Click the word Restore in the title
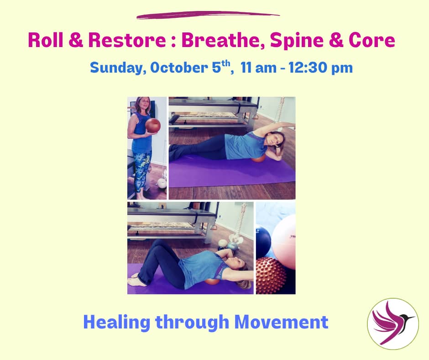click(x=127, y=40)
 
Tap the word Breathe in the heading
click(x=223, y=41)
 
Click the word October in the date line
click(x=179, y=68)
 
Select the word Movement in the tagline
click(x=282, y=322)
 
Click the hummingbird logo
click(x=393, y=324)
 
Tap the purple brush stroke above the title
click(x=208, y=15)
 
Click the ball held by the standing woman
click(x=153, y=125)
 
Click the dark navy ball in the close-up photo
click(x=263, y=241)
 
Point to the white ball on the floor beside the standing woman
click(x=162, y=183)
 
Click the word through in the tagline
click(x=192, y=323)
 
